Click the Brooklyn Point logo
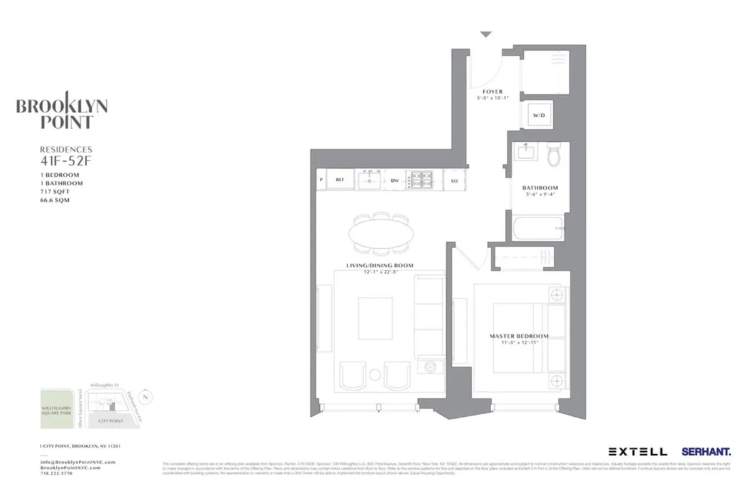pos(61,113)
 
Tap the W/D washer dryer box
pos(538,116)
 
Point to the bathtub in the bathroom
pos(537,228)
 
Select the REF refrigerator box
pos(340,180)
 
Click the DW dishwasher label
pos(394,181)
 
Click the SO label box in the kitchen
pos(454,181)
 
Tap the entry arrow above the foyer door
pos(486,35)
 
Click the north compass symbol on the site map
pos(146,396)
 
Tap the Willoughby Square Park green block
pos(59,409)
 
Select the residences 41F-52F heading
pos(66,154)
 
